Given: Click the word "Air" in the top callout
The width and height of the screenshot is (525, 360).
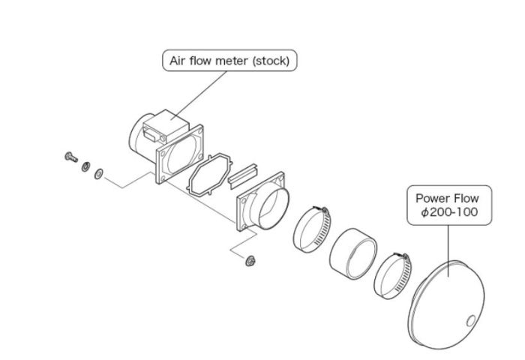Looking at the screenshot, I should pos(178,60).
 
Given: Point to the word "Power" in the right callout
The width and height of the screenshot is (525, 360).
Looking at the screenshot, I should pos(432,199).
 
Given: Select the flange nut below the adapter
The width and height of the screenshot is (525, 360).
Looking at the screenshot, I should pos(250,261).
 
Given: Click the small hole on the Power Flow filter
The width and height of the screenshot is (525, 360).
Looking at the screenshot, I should pos(470,321).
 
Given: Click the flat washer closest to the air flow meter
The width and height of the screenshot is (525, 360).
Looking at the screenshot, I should pos(98,174).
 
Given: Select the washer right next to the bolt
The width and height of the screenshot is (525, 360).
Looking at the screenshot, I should pos(85,166).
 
